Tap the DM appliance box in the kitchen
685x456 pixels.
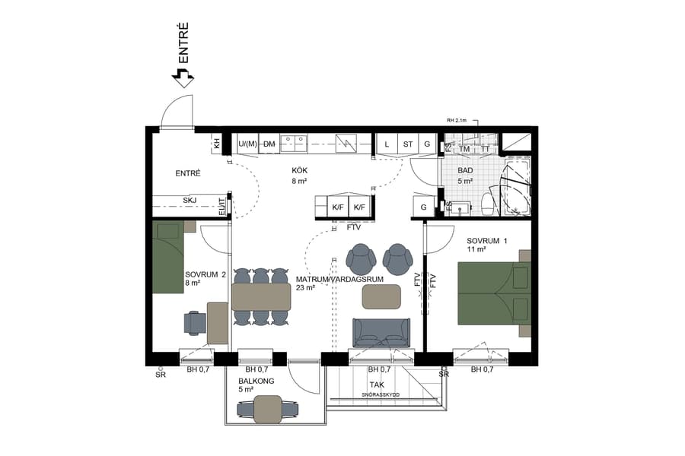coord(269,144)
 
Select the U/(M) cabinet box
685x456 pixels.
coord(247,144)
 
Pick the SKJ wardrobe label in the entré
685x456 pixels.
coord(190,201)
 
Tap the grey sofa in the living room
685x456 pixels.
coord(381,332)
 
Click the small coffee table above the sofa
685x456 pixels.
coord(381,296)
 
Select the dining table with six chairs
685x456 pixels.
coord(261,296)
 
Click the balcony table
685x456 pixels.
coord(266,409)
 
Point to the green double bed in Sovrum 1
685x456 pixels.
coord(491,293)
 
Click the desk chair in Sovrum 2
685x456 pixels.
coord(195,322)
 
